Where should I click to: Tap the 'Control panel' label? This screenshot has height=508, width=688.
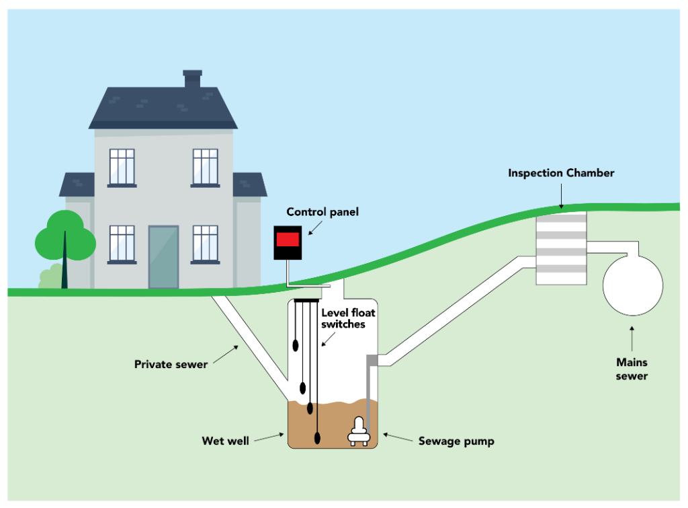coord(322,212)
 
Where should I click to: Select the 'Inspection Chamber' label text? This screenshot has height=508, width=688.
coord(561,173)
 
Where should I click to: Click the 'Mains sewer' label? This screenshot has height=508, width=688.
coord(632,369)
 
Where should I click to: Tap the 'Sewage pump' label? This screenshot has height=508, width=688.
coord(456,441)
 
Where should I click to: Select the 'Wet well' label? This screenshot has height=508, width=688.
coord(225,441)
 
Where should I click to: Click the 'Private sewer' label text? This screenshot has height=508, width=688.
coord(171,365)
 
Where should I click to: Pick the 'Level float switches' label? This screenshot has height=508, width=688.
coord(347,318)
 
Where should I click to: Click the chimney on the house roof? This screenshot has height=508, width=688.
coord(192,78)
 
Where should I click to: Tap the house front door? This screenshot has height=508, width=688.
coord(163,256)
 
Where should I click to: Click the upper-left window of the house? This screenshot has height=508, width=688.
coord(122,167)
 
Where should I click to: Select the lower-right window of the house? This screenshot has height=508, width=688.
coord(205,243)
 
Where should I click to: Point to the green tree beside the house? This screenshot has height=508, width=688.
coord(64,239)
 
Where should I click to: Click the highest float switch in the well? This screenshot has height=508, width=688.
coord(295,345)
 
